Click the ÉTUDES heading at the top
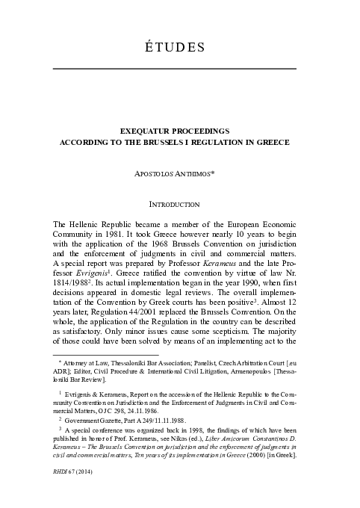(x=176, y=48)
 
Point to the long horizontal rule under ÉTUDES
(x=176, y=69)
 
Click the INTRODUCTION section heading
(x=176, y=203)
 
